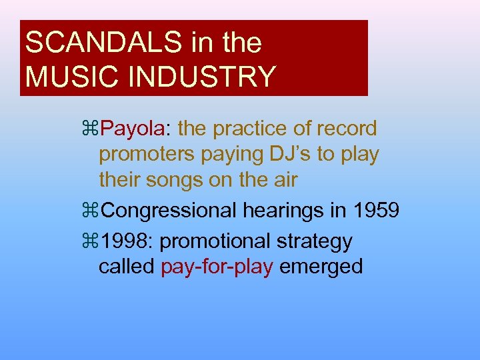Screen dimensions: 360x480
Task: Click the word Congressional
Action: pos(170,211)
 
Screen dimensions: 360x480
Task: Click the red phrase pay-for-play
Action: pos(217,267)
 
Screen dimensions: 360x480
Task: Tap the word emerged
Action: pos(321,267)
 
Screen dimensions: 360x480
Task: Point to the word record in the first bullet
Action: pos(344,128)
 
